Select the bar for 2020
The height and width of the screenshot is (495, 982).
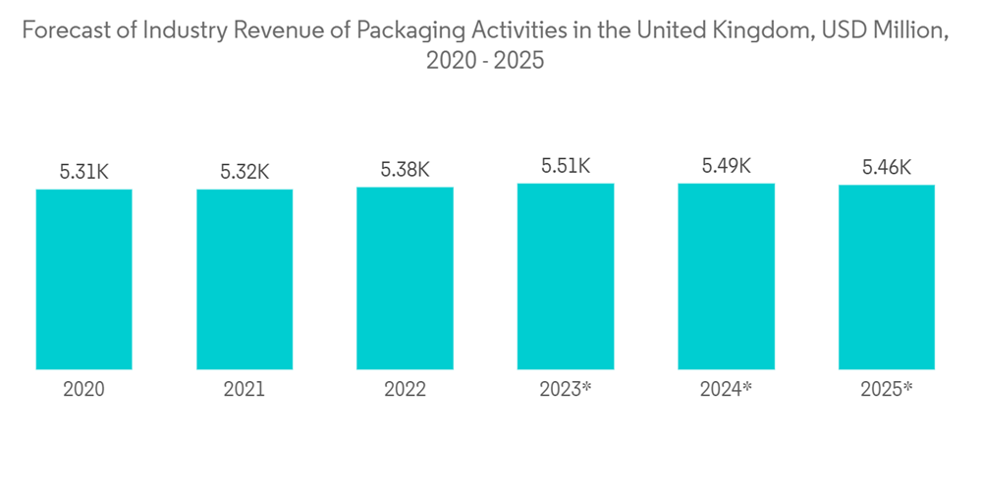(x=83, y=279)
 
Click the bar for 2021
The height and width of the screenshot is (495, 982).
(x=245, y=279)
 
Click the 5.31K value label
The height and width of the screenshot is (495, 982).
(x=83, y=172)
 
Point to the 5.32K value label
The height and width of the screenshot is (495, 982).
(x=245, y=172)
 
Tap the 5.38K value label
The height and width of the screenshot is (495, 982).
(x=405, y=170)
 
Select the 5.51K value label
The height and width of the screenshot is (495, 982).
(x=566, y=166)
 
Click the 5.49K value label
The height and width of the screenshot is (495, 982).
(x=726, y=166)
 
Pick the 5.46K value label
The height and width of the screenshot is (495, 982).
(x=887, y=168)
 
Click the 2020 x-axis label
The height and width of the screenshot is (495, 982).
(x=83, y=390)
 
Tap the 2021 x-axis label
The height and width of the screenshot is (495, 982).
(x=245, y=390)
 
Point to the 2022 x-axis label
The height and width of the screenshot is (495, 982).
(x=405, y=390)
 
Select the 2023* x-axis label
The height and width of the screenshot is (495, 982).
(x=566, y=390)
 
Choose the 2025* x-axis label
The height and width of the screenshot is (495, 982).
(x=887, y=390)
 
